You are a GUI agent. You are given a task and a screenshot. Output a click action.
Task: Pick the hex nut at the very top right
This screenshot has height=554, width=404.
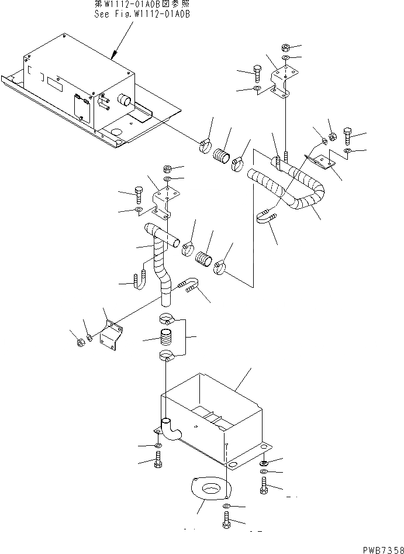pyautogui.click(x=286, y=47)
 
